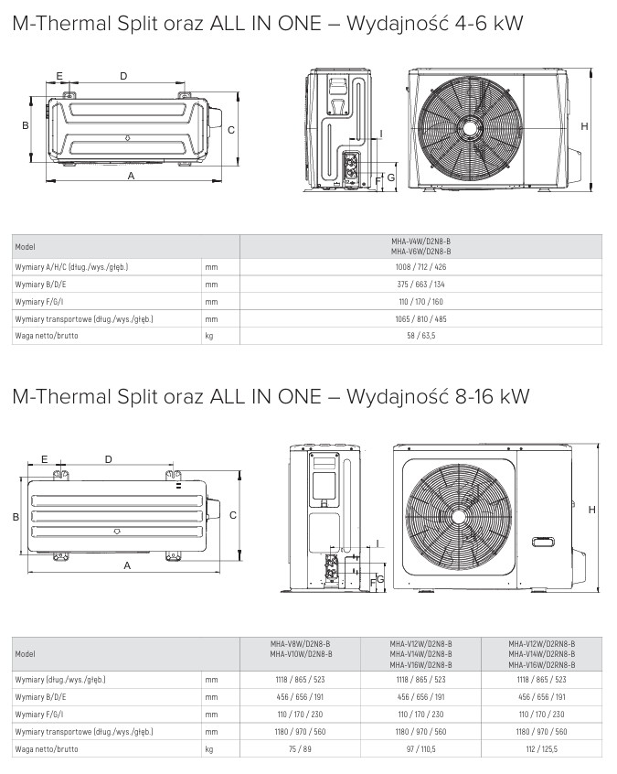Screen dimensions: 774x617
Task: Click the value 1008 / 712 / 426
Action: [x=420, y=267]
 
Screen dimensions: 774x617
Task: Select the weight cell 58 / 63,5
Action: [x=420, y=336]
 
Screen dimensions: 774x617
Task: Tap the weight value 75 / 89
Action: [x=301, y=748]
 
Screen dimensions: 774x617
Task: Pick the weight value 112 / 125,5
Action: [x=542, y=748]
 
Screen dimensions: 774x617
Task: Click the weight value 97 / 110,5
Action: [x=420, y=748]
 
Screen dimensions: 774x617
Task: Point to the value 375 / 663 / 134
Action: [x=420, y=285]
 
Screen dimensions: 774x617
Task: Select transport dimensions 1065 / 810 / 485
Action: [x=420, y=319]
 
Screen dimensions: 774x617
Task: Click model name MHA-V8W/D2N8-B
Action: [x=301, y=644]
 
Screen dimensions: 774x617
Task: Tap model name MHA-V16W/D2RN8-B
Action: [x=542, y=664]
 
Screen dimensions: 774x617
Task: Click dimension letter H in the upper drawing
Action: [x=583, y=126]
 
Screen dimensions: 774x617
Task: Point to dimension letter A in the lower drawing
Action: [x=127, y=566]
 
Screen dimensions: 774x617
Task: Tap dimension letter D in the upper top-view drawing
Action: [x=123, y=76]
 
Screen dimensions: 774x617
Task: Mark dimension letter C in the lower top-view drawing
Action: [x=233, y=516]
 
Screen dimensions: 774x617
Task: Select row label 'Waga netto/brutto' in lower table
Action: [x=47, y=748]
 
